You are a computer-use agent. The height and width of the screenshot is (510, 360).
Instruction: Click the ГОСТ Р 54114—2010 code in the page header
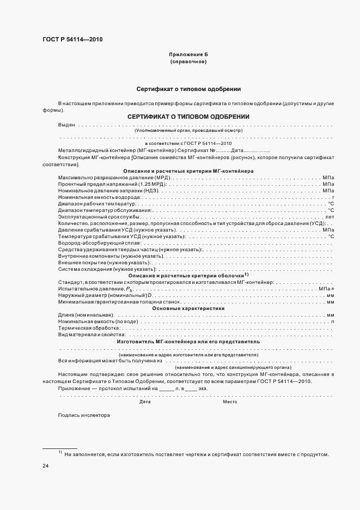pyautogui.click(x=72, y=40)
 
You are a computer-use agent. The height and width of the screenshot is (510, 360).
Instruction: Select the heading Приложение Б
pyautogui.click(x=188, y=55)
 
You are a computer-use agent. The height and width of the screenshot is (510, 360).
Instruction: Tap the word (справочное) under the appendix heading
pyautogui.click(x=188, y=62)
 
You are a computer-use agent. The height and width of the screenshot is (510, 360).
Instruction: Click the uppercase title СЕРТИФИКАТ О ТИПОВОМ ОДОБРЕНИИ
pyautogui.click(x=188, y=117)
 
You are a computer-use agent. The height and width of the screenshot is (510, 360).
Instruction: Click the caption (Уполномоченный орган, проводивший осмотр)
pyautogui.click(x=188, y=131)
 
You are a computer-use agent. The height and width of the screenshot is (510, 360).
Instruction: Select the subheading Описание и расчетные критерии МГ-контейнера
pyautogui.click(x=188, y=171)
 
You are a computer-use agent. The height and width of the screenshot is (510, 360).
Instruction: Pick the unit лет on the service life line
pyautogui.click(x=330, y=217)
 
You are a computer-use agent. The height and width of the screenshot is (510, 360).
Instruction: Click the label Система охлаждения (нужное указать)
pyautogui.click(x=107, y=269)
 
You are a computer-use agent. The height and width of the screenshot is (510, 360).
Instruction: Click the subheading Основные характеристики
pyautogui.click(x=188, y=308)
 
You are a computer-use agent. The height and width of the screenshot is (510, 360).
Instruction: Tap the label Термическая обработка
pyautogui.click(x=88, y=328)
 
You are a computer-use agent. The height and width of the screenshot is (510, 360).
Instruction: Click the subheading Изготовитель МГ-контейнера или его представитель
pyautogui.click(x=188, y=341)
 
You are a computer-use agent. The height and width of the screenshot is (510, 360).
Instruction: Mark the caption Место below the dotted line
pyautogui.click(x=229, y=402)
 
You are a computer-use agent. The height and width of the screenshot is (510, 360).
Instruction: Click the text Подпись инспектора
pyautogui.click(x=84, y=415)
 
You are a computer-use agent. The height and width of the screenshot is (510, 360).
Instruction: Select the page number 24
pyautogui.click(x=46, y=466)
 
